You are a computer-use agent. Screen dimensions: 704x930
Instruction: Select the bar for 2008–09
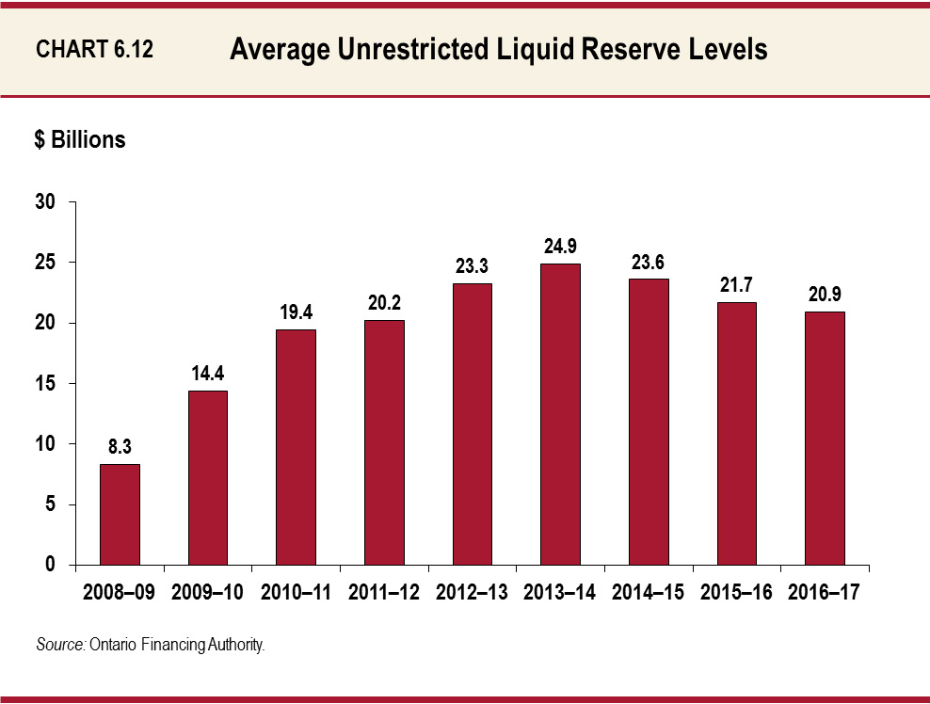pos(120,514)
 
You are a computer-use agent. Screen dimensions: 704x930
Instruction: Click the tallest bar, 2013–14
pos(560,414)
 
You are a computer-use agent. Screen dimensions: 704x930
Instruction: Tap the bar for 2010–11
pos(296,447)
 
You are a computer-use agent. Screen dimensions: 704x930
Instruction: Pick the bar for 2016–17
pos(825,438)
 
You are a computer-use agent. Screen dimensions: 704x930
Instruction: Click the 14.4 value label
pos(208,373)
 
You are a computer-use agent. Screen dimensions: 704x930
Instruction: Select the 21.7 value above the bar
pos(736,284)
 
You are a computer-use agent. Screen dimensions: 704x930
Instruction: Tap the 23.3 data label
pos(472,266)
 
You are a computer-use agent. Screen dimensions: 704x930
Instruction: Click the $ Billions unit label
pos(80,140)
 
